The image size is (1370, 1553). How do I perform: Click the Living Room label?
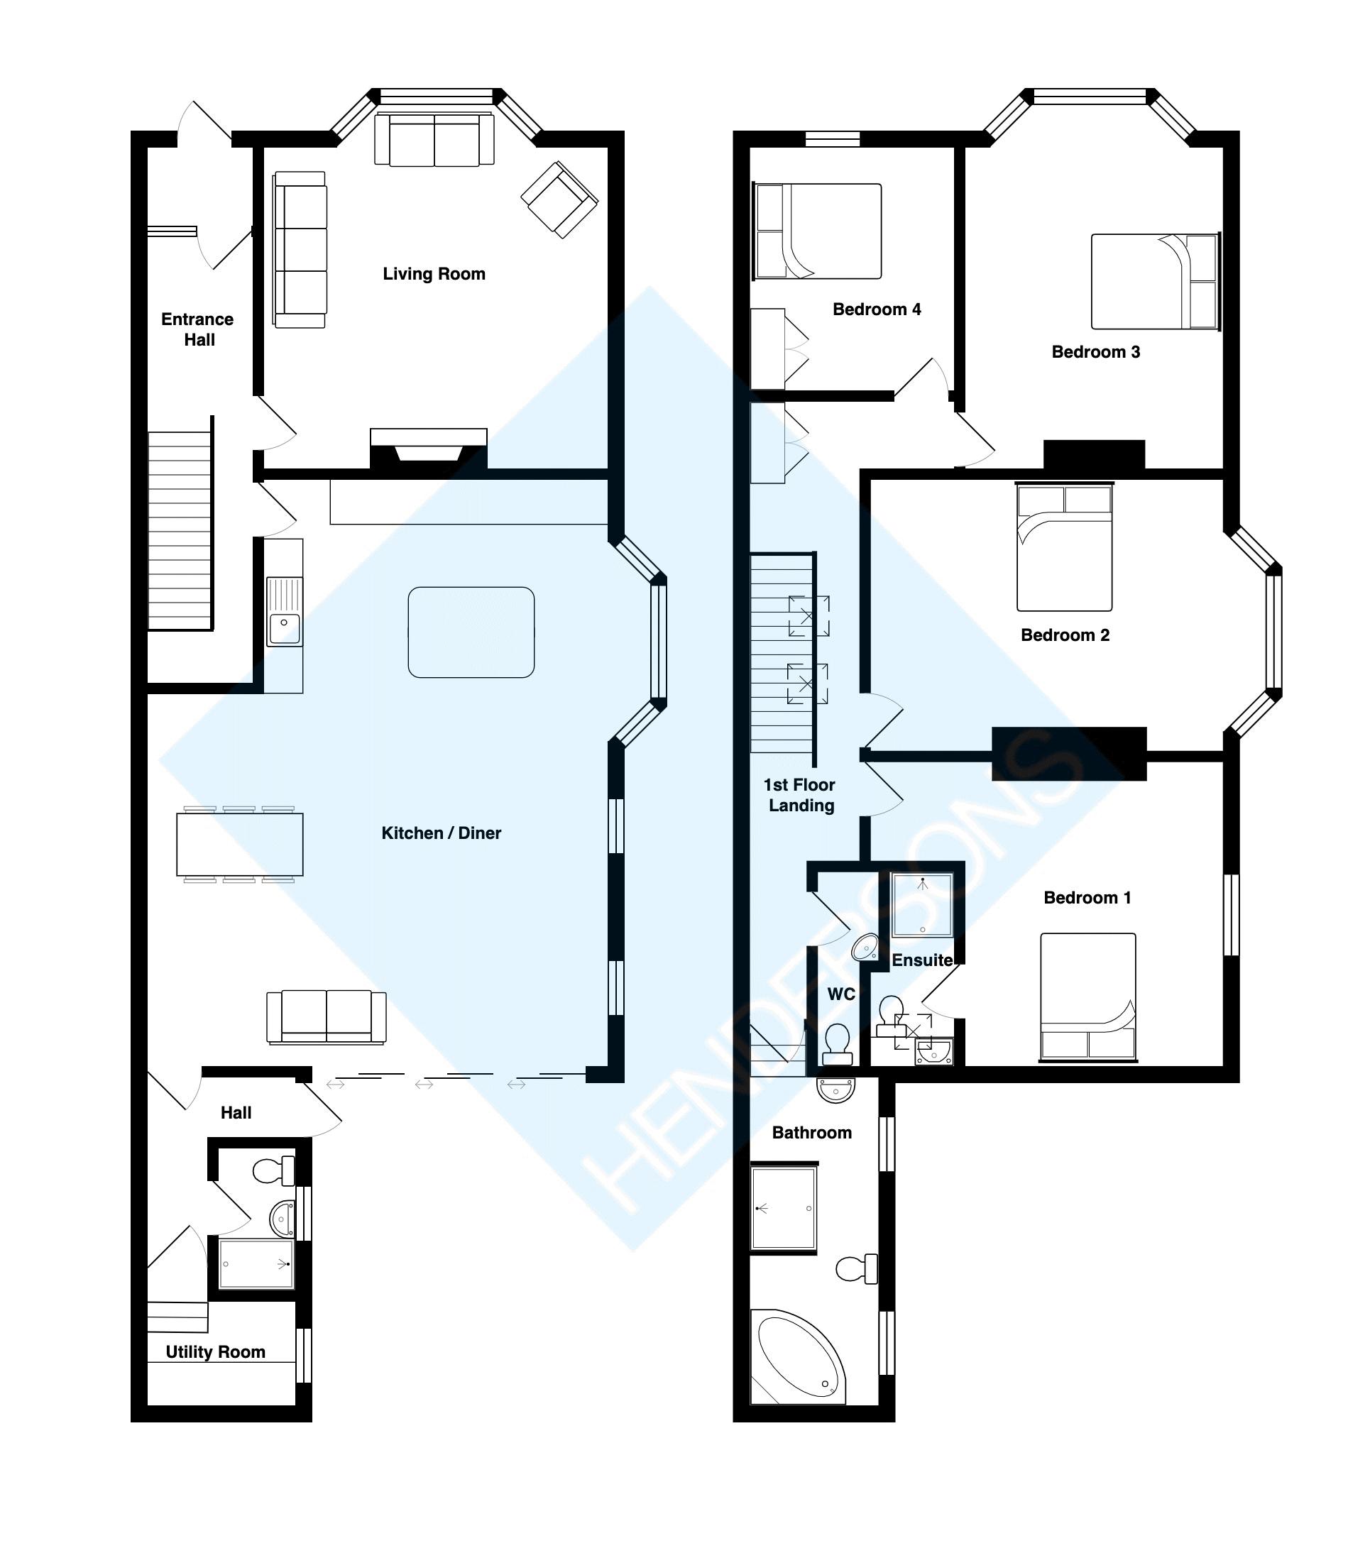(x=433, y=273)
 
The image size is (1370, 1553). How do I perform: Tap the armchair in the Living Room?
(x=559, y=199)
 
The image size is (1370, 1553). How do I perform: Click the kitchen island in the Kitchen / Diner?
(x=471, y=632)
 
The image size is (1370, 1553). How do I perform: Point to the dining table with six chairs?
(x=239, y=844)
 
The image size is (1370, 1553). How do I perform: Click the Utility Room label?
(x=215, y=1351)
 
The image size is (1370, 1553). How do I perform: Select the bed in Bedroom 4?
(x=818, y=231)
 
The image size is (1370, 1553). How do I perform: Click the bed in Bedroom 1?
(x=1087, y=996)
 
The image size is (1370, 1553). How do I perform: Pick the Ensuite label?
(x=921, y=960)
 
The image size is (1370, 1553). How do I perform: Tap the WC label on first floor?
(x=840, y=994)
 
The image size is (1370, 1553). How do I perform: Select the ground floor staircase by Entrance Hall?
(x=180, y=530)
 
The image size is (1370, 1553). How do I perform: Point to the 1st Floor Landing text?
(x=799, y=795)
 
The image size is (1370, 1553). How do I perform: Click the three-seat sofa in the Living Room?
(x=300, y=249)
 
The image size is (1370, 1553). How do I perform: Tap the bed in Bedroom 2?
(x=1064, y=547)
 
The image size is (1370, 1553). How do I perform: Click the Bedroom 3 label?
(x=1095, y=352)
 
